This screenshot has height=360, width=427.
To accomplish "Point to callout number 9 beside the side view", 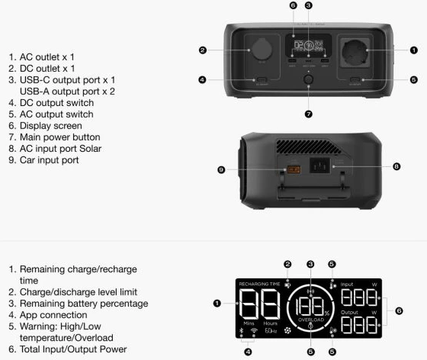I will [x=221, y=170].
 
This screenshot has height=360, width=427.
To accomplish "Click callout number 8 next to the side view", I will [x=396, y=165].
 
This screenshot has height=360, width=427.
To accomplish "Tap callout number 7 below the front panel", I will [x=308, y=114].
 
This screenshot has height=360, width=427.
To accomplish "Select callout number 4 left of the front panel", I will [x=202, y=79].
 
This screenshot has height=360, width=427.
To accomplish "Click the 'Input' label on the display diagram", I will [x=347, y=284].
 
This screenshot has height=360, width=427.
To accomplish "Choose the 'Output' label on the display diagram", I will [x=349, y=312].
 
